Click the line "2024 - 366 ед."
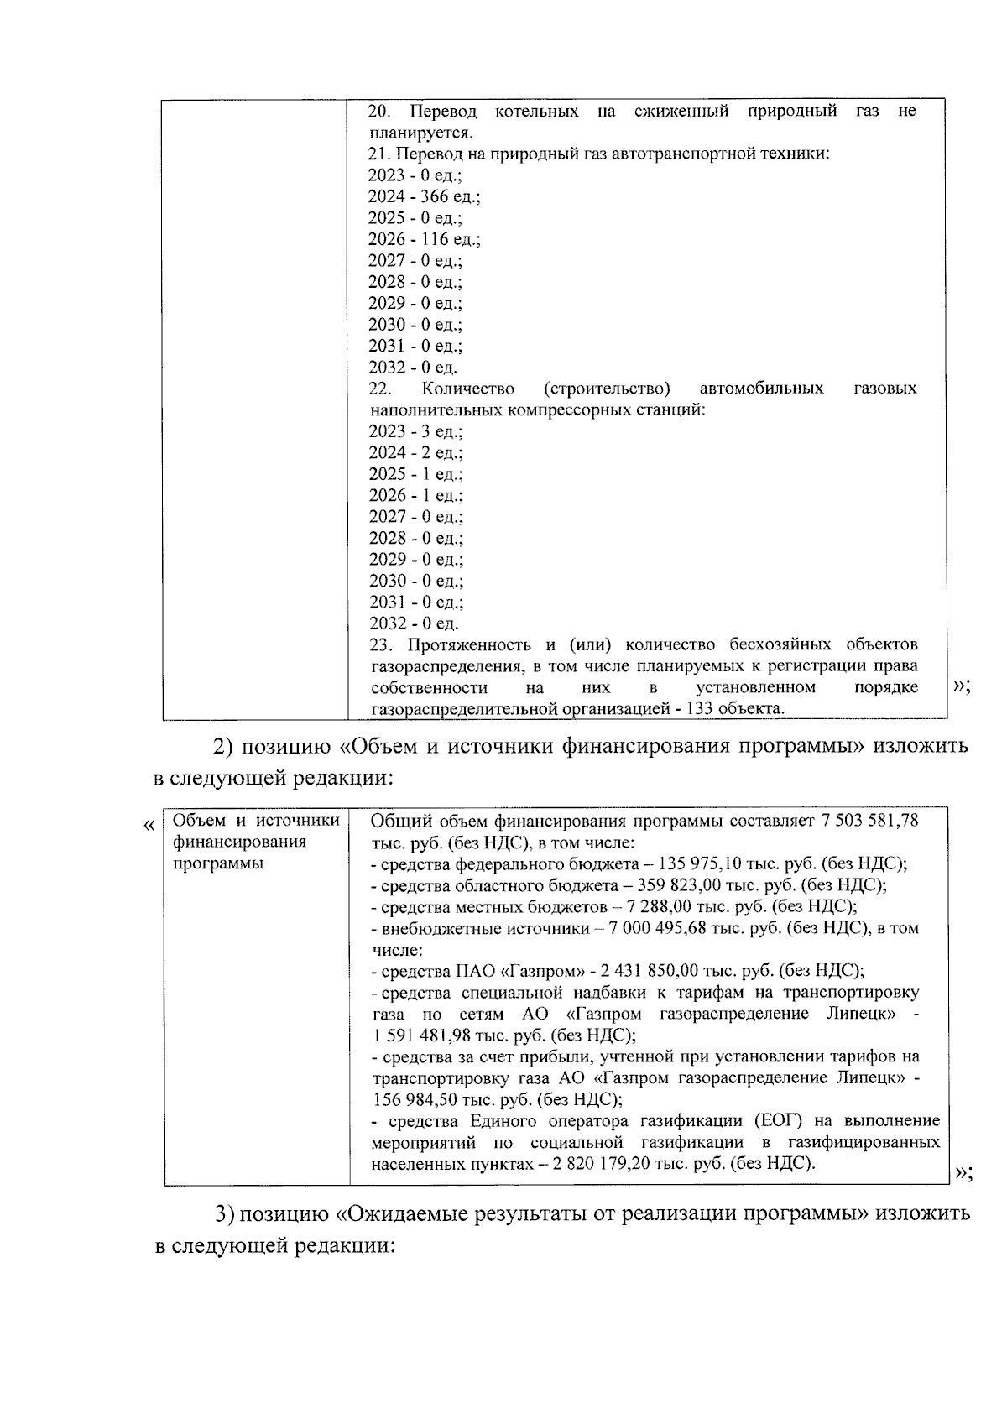[424, 197]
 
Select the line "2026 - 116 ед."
[424, 240]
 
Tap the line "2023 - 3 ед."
[415, 431]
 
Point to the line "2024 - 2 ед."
[415, 453]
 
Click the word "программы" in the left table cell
[217, 863]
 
